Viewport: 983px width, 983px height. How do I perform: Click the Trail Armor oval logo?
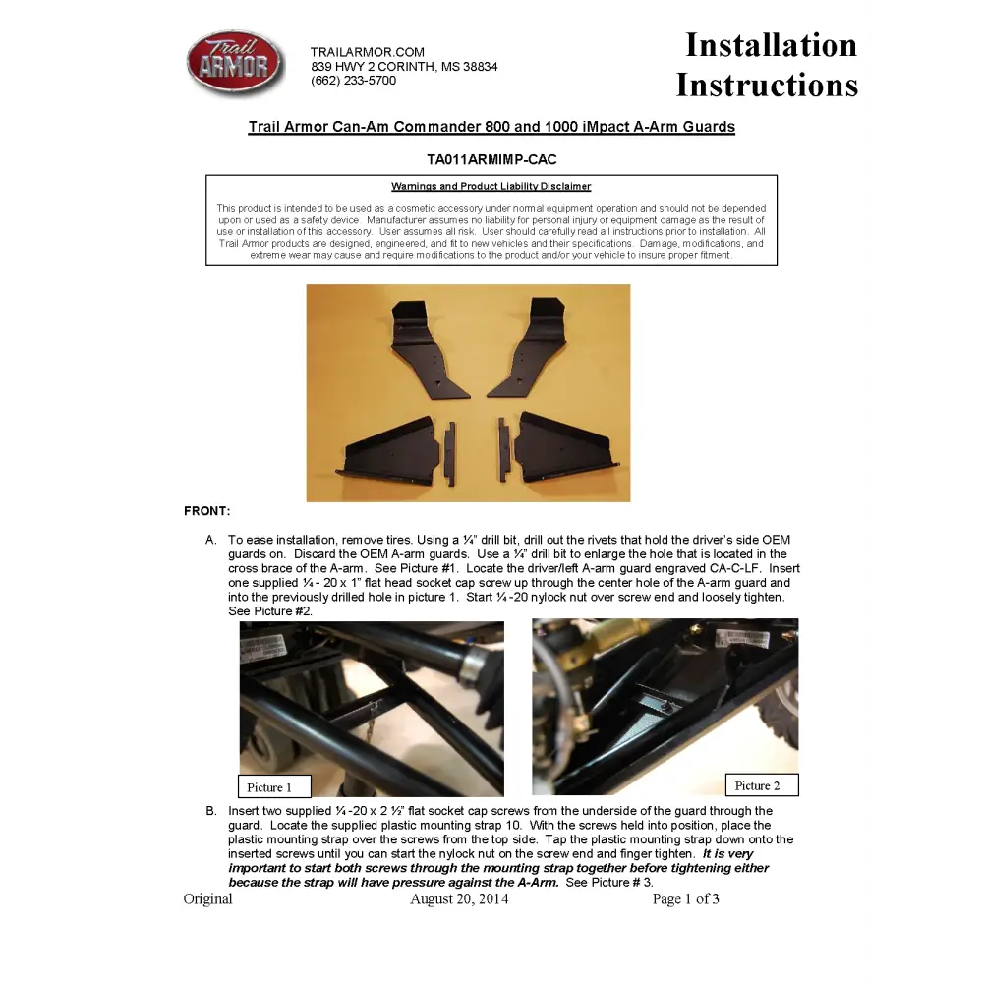[x=235, y=64]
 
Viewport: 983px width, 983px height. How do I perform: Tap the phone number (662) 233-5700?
[x=353, y=81]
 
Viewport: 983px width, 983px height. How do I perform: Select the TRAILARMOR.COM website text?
[x=368, y=52]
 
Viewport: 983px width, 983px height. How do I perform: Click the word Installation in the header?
[x=771, y=45]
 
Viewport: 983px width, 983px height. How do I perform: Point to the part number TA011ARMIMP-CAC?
[x=491, y=159]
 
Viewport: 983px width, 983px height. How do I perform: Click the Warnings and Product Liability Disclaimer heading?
[x=491, y=187]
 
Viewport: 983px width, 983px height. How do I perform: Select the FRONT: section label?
[x=206, y=511]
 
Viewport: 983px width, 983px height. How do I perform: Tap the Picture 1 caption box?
[x=274, y=786]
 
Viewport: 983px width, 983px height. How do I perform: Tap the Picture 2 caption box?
[x=762, y=785]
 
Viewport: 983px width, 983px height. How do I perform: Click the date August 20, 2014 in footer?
[x=459, y=898]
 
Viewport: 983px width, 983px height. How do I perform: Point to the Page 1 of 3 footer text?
[x=686, y=898]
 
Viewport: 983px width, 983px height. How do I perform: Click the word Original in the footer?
[x=208, y=898]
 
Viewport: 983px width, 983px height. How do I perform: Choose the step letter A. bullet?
[x=210, y=540]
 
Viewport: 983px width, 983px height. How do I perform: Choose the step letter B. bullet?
[x=210, y=811]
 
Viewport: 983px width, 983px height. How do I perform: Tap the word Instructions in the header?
[x=767, y=86]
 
